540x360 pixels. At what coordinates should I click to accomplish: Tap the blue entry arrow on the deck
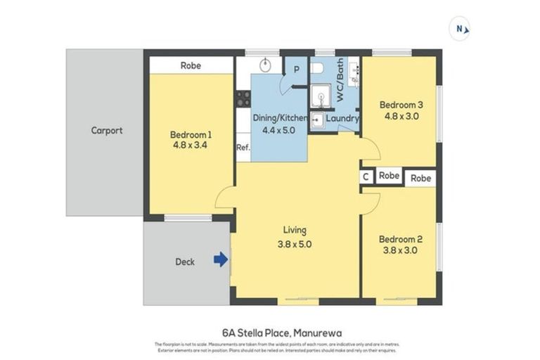click(x=221, y=260)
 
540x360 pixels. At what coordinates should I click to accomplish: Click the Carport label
click(x=106, y=131)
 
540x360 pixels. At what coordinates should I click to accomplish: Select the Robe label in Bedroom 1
click(x=191, y=65)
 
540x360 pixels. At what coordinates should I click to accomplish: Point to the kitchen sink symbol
click(x=265, y=65)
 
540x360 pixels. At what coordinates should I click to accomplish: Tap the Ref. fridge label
click(x=243, y=148)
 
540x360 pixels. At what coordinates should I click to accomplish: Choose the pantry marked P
click(x=296, y=69)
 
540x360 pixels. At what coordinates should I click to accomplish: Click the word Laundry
click(x=342, y=120)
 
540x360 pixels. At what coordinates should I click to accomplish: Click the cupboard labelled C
click(x=366, y=176)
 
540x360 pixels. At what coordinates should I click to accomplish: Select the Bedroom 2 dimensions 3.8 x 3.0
click(x=401, y=249)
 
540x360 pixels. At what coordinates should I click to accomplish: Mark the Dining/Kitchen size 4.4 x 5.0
click(x=274, y=129)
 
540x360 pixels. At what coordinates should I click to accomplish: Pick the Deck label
click(x=185, y=262)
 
